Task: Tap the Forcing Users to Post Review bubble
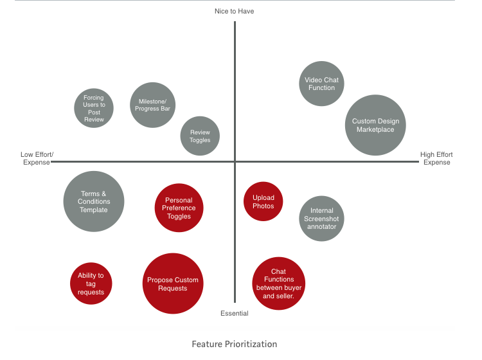94,109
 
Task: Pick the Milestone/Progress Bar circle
153,105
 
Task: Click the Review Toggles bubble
200,136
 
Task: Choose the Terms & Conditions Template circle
94,201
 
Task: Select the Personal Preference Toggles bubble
179,208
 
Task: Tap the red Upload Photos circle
263,202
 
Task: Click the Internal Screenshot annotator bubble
321,219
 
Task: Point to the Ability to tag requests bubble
91,283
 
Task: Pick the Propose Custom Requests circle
172,284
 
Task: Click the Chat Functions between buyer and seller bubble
278,283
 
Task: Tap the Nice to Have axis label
235,12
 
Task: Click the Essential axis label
235,314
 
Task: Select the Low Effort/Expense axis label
37,158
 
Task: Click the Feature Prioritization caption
235,344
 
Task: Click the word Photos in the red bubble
263,206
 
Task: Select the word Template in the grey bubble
94,210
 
